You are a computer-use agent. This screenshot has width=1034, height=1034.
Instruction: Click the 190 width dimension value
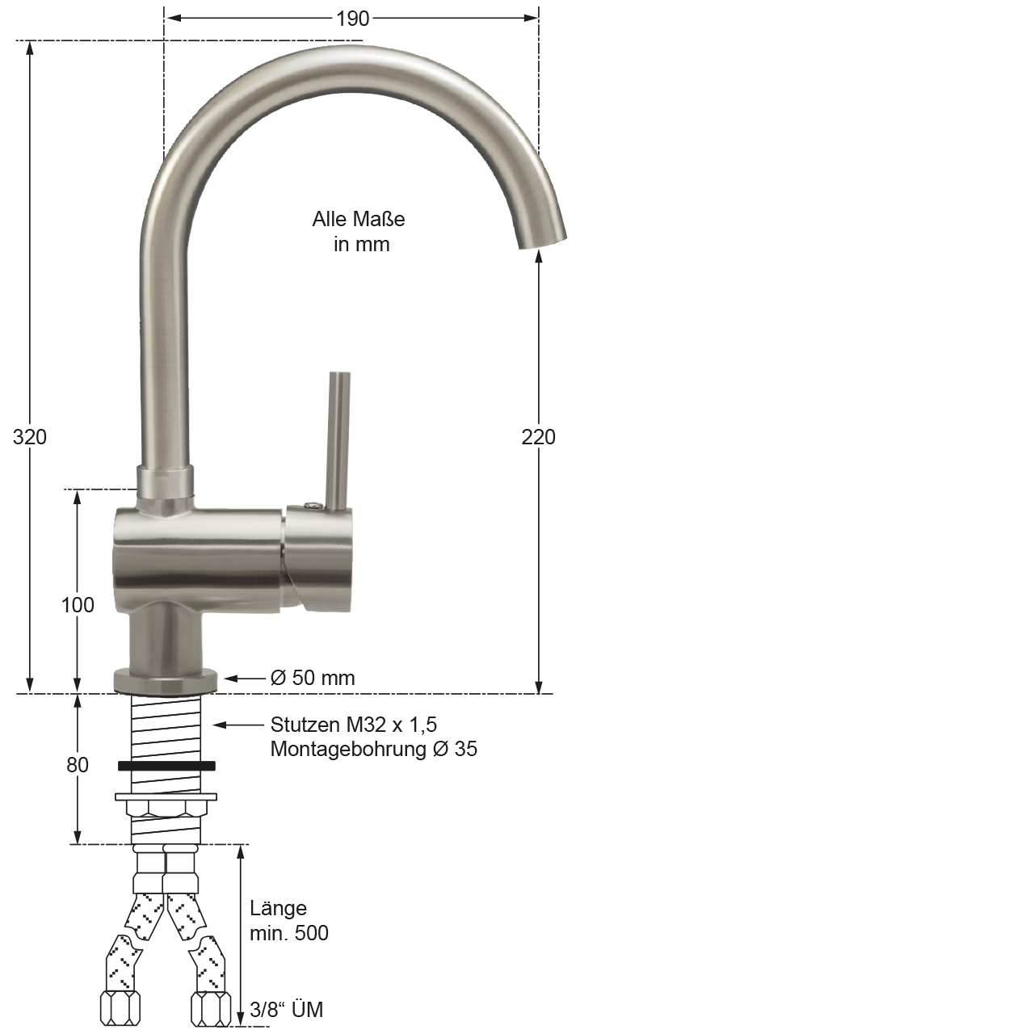(352, 19)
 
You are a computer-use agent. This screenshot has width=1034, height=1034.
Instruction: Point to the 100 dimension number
(78, 605)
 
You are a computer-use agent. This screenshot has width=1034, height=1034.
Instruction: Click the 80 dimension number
(78, 765)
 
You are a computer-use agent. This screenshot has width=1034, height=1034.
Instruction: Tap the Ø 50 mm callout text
(313, 678)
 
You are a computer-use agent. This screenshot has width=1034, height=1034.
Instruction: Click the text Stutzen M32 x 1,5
(354, 725)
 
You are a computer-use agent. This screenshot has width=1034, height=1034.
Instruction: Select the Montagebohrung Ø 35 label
(373, 749)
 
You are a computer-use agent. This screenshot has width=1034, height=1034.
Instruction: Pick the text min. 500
(288, 933)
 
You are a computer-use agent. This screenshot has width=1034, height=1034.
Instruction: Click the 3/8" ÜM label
(287, 1009)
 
